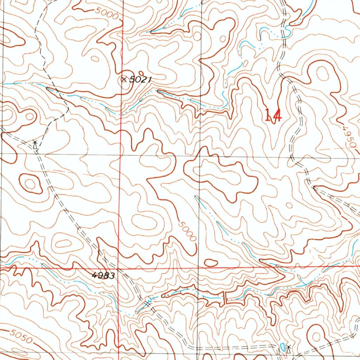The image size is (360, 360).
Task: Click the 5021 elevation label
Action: tap(140, 80)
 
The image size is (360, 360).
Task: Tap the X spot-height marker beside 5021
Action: tap(123, 79)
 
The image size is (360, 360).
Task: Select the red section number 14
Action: tap(273, 115)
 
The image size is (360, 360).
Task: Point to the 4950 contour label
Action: tap(348, 137)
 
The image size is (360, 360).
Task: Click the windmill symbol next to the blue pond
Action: tap(288, 349)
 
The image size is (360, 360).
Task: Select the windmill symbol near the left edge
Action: tap(35, 144)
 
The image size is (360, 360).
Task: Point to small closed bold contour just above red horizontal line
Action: tap(211, 262)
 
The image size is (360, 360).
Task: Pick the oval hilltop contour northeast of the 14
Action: tap(322, 73)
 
